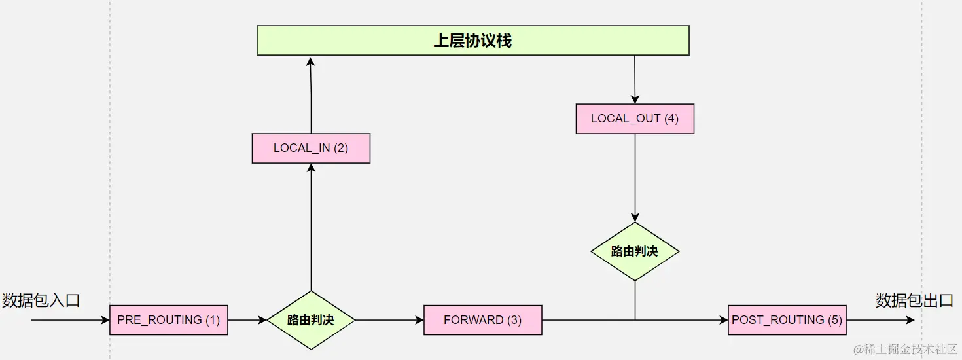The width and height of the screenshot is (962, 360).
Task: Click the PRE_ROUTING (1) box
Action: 168,320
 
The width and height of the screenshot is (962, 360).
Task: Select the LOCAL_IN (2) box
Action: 311,148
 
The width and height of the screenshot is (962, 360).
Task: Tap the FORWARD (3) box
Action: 482,320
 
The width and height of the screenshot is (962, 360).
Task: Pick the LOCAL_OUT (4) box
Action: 635,118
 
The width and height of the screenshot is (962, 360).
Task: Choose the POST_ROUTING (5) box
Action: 787,320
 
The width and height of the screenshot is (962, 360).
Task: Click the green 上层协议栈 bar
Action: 472,41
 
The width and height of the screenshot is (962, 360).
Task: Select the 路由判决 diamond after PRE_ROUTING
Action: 311,320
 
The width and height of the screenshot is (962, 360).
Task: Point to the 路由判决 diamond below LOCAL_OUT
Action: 635,251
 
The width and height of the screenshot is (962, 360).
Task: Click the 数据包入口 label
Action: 41,300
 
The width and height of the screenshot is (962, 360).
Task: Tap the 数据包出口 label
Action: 914,300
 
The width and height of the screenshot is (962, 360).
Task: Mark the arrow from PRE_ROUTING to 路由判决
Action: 247,320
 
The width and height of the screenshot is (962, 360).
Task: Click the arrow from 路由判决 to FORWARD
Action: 389,320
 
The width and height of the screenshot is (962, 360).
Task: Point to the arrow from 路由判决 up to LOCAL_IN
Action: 311,229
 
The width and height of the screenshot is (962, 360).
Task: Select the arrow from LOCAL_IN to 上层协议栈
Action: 311,95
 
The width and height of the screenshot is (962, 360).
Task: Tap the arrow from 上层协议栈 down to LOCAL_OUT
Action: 635,79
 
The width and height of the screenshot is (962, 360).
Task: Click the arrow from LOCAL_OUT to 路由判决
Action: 635,177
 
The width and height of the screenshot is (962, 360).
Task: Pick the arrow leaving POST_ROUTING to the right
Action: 880,320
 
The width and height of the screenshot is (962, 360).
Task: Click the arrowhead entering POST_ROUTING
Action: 723,320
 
